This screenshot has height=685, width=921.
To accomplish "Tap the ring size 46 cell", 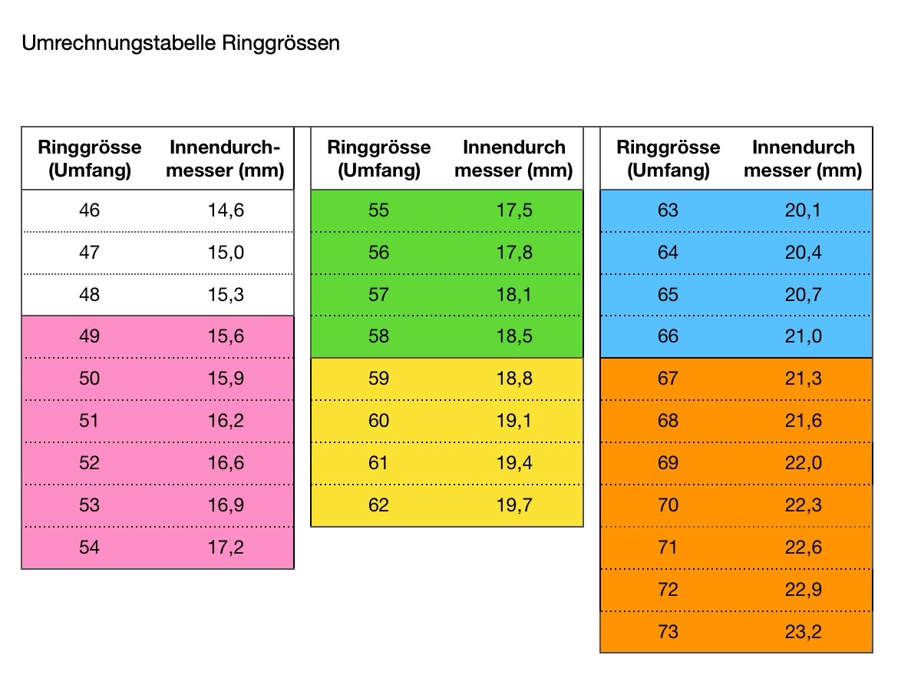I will coord(89,210).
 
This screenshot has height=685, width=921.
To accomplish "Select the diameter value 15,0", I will coord(226,252).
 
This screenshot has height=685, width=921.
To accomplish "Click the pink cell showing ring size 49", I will coord(89,336).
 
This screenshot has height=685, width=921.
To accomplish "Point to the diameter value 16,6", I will coord(226,463).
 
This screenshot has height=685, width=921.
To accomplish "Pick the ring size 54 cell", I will coord(89,548).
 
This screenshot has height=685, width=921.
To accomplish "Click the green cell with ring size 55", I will coord(378,210).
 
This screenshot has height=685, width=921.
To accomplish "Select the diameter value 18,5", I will coord(514,336).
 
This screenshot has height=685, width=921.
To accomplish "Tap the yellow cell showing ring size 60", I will coord(378,421).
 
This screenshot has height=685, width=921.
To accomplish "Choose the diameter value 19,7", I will coord(514,505).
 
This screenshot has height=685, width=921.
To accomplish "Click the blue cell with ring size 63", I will coord(668,210).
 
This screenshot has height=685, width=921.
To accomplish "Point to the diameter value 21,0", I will coord(803,336).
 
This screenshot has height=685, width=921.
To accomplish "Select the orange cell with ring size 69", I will coord(668,463).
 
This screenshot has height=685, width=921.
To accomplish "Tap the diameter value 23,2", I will coord(803,632).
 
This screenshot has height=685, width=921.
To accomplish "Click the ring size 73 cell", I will coord(668,632).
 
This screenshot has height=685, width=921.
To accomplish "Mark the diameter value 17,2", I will coord(226,548).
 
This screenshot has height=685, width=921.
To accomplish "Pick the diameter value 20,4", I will coord(803,252).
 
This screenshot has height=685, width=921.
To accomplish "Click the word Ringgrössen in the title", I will coord(281,43).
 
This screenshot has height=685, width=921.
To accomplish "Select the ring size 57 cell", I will coord(378,294).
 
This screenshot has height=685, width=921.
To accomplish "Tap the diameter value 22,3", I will coord(803,505).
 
